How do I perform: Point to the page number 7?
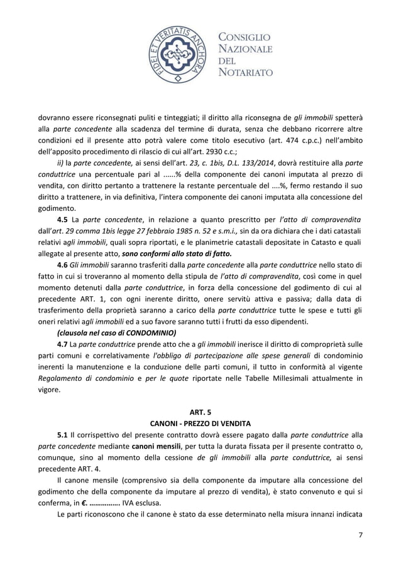click(x=359, y=535)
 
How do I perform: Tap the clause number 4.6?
click(x=63, y=265)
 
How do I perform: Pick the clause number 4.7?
click(x=63, y=344)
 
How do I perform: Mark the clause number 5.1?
click(x=63, y=434)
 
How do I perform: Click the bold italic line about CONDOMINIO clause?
click(x=117, y=333)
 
